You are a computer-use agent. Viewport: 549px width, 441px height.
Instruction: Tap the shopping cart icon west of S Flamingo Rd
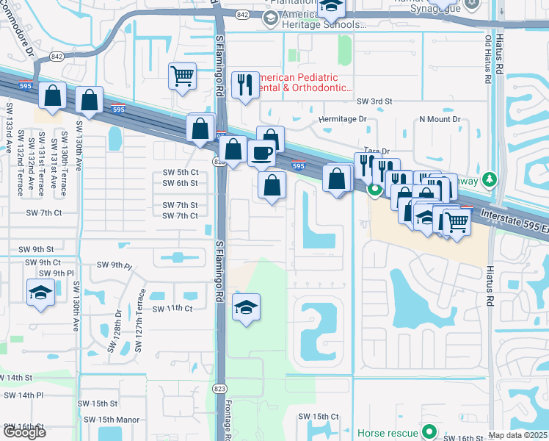[x=181, y=75]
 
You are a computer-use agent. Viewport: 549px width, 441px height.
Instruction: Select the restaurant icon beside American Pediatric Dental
[x=244, y=84]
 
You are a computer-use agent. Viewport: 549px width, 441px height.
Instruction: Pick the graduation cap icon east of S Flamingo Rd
[x=246, y=307]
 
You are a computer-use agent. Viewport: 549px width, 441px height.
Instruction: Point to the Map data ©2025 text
[x=517, y=435]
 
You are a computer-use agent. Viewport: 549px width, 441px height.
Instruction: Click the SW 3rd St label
[x=374, y=101]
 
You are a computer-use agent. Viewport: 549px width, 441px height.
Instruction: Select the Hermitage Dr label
[x=341, y=118]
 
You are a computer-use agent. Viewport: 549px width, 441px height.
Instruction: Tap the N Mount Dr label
[x=439, y=118]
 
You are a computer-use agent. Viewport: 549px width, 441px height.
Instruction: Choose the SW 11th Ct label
[x=172, y=309]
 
